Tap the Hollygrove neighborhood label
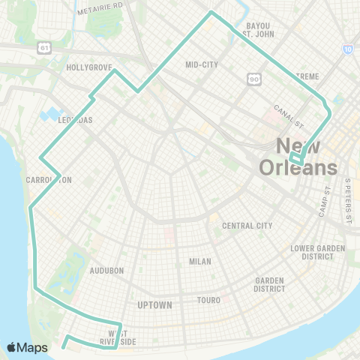[x=88, y=67]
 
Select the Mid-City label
[x=201, y=64]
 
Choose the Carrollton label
[x=48, y=180]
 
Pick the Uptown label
[x=155, y=305]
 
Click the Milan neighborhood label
[x=200, y=262]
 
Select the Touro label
[x=209, y=300]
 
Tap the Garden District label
[x=269, y=285]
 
